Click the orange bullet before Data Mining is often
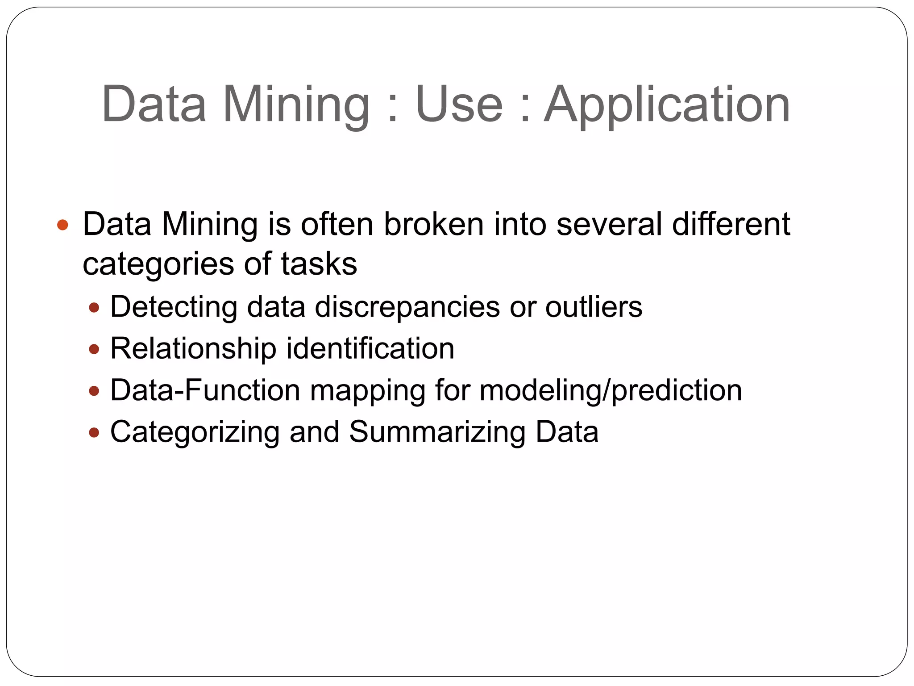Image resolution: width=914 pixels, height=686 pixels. pyautogui.click(x=63, y=225)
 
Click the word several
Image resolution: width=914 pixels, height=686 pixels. pyautogui.click(x=609, y=224)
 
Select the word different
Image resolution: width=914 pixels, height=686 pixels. pyautogui.click(x=731, y=224)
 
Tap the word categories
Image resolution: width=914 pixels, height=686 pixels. pyautogui.click(x=158, y=264)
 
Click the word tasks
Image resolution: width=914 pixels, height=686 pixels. pyautogui.click(x=319, y=264)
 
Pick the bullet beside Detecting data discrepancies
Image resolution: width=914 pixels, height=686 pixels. pyautogui.click(x=94, y=307)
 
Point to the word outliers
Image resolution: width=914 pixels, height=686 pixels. pyautogui.click(x=594, y=307)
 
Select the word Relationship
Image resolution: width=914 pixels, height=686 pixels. pyautogui.click(x=193, y=348)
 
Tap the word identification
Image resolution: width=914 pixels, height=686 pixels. pyautogui.click(x=370, y=348)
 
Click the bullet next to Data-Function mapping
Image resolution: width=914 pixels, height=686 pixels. pyautogui.click(x=94, y=391)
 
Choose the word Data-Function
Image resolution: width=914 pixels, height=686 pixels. pyautogui.click(x=205, y=390)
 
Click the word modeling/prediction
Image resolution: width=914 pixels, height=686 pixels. pyautogui.click(x=611, y=391)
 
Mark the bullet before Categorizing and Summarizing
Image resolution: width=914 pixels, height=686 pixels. pyautogui.click(x=94, y=432)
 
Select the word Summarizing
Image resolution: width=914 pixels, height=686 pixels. pyautogui.click(x=437, y=432)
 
